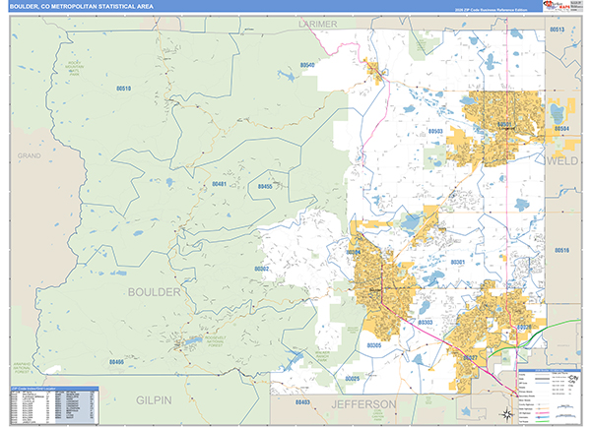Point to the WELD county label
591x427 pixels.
(x=562, y=159)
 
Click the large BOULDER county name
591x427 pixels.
(x=154, y=292)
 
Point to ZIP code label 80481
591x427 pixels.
(x=219, y=184)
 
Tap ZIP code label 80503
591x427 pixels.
(x=435, y=130)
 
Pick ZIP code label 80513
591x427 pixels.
(x=557, y=30)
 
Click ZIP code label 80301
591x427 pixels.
(x=457, y=263)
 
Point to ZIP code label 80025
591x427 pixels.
(x=353, y=378)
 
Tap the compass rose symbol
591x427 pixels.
(x=505, y=415)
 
